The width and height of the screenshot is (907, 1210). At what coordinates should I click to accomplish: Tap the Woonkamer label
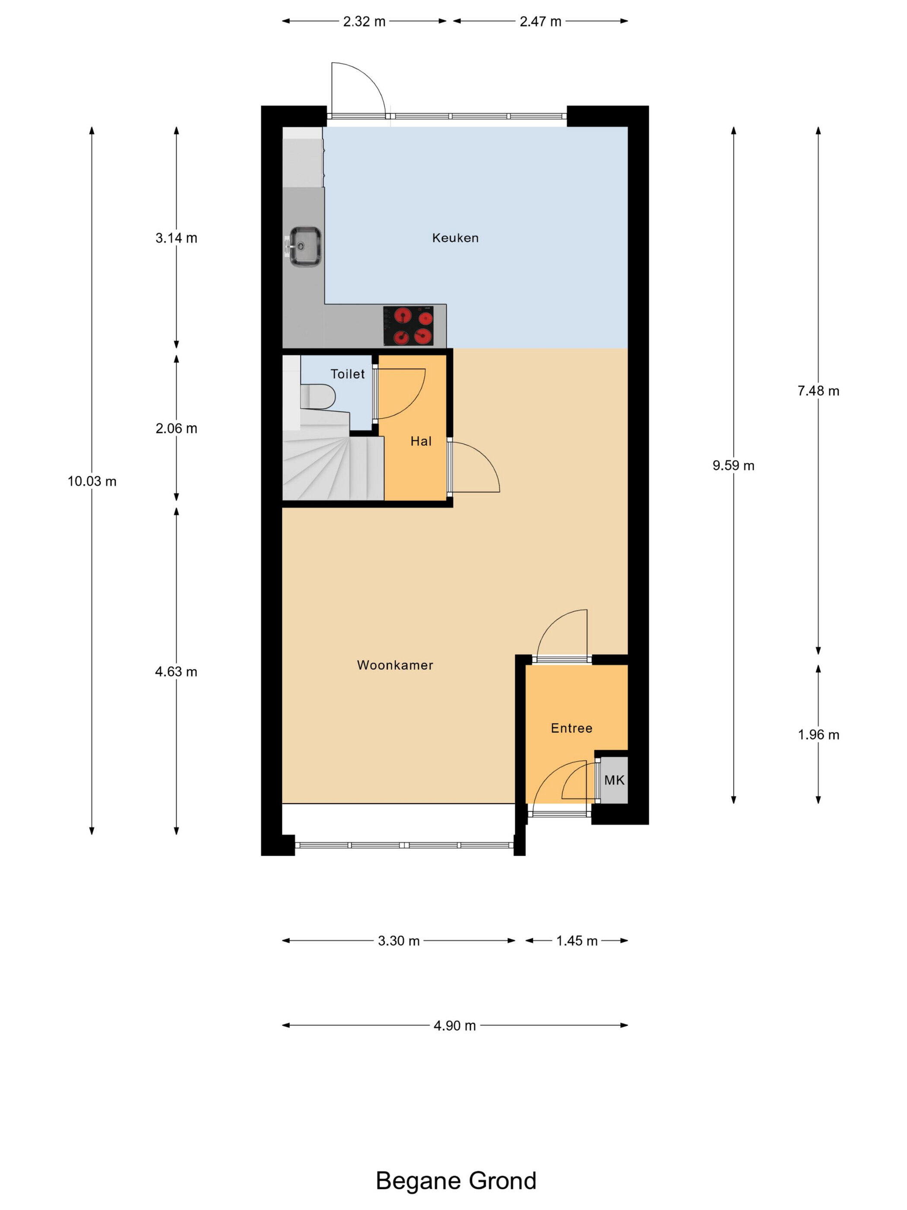tap(395, 665)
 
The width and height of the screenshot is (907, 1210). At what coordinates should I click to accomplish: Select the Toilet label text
tap(347, 374)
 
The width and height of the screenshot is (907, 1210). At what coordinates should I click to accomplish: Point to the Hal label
tap(421, 441)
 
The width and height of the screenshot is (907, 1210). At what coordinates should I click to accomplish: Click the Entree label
tap(571, 728)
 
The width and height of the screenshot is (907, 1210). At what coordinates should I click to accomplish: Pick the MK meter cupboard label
tap(614, 780)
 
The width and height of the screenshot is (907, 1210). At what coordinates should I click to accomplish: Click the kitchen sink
tap(304, 247)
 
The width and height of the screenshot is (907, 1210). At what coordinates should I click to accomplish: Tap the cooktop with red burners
tap(408, 325)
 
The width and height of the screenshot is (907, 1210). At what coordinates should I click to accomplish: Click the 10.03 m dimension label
tap(92, 481)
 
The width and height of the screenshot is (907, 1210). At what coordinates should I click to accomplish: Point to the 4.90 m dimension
tap(454, 1025)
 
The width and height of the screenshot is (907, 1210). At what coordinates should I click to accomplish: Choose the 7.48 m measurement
tap(818, 391)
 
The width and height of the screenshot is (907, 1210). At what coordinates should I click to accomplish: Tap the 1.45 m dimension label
tap(577, 941)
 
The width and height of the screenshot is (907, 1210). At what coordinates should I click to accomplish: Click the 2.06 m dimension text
tap(176, 428)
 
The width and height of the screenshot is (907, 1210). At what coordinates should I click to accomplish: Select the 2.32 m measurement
tap(364, 21)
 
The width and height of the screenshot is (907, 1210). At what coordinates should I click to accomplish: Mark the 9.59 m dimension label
tap(733, 465)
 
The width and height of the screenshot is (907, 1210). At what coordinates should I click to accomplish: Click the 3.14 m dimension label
tap(176, 238)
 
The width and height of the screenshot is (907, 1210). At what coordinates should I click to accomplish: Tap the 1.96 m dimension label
tap(818, 735)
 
